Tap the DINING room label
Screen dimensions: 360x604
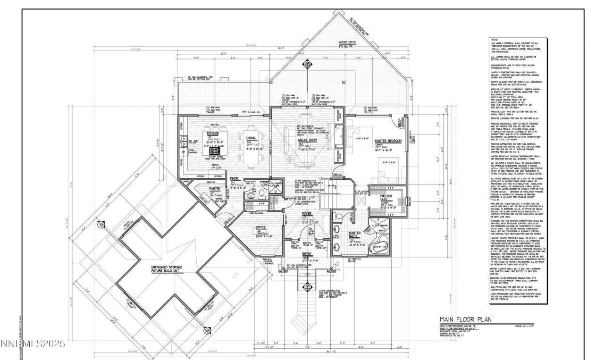coord(251,138)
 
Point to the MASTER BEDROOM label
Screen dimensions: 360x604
coord(388,141)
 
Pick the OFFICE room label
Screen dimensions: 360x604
coord(261,227)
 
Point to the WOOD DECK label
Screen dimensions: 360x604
coord(349,42)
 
